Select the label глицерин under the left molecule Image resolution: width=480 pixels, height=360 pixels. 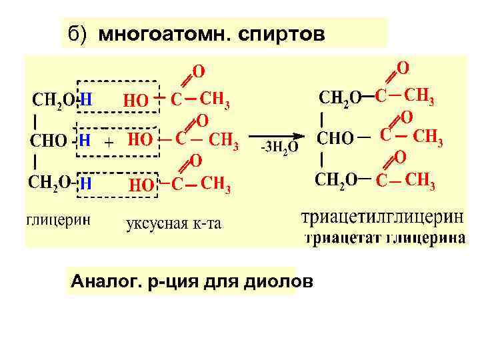pos(59,220)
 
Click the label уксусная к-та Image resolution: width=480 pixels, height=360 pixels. pos(173,223)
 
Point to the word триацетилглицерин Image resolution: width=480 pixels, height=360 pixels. pos(383,218)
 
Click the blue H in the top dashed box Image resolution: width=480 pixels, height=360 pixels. pos(85,99)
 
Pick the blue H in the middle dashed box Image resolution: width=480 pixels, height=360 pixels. pos(85,141)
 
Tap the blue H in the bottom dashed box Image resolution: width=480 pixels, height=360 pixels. pos(85,182)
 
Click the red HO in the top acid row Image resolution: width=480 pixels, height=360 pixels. pos(136,101)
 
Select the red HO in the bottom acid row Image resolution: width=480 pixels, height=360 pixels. pos(140,185)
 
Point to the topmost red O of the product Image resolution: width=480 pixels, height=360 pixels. pos(403,68)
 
